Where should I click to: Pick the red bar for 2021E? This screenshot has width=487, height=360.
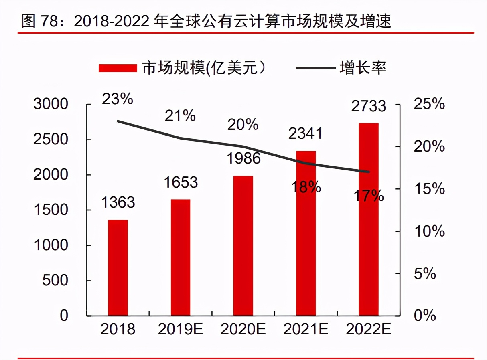click(306, 233)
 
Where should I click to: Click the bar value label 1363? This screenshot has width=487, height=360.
click(118, 202)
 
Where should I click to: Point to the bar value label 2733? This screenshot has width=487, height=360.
click(368, 106)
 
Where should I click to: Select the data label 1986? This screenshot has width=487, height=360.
click(243, 159)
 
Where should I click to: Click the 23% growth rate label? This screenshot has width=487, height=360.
click(117, 99)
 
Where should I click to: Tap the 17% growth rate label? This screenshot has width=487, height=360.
click(368, 196)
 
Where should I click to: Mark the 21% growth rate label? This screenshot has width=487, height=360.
click(180, 116)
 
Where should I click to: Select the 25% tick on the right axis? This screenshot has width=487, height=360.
click(429, 104)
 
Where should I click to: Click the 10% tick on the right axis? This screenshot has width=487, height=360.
click(429, 231)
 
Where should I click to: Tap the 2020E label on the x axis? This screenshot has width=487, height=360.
click(243, 329)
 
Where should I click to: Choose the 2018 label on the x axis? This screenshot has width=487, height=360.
click(118, 329)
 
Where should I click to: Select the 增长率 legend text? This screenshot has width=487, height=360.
click(363, 67)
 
